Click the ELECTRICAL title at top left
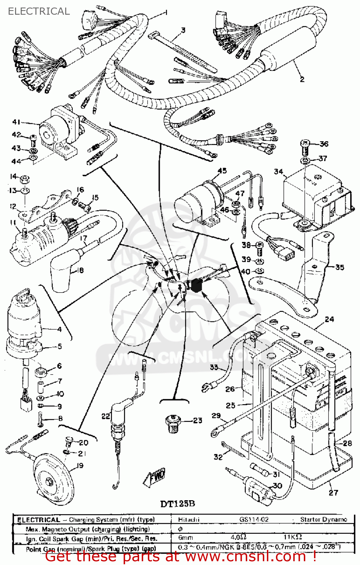click(x=39, y=11)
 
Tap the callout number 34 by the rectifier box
click(x=279, y=172)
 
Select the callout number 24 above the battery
click(x=329, y=319)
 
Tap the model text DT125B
click(x=178, y=504)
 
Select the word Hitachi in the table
click(x=188, y=519)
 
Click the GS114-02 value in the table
click(x=254, y=519)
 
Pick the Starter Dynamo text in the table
click(x=323, y=519)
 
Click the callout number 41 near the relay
click(x=16, y=122)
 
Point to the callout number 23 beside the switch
click(x=198, y=420)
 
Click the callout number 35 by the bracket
click(x=340, y=267)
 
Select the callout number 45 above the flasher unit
click(x=222, y=171)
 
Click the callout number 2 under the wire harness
click(x=302, y=79)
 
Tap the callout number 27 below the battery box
click(x=334, y=493)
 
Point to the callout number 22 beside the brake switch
click(x=106, y=416)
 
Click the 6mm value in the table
click(x=185, y=538)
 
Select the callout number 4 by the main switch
click(x=59, y=330)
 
